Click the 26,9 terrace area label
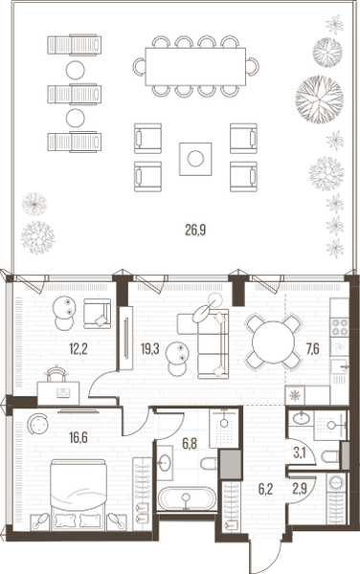[x=195, y=230]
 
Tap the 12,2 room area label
[x=79, y=349]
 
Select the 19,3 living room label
[x=149, y=349]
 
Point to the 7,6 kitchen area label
[x=312, y=349]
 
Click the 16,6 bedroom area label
[x=79, y=437]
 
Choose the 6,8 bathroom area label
[x=190, y=444]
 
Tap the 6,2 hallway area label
[x=265, y=490]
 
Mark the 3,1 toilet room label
[x=300, y=453]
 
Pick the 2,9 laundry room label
[x=300, y=490]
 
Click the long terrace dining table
[x=195, y=67]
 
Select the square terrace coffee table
[x=195, y=159]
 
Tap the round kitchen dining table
[x=273, y=342]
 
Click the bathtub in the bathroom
[x=187, y=497]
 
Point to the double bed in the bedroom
[x=78, y=495]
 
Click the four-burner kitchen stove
[x=339, y=327]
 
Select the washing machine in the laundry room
[x=336, y=482]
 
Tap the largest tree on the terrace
[x=320, y=99]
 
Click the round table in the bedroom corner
[x=38, y=424]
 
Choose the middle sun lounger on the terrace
[x=75, y=94]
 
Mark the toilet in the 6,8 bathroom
[x=209, y=463]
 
